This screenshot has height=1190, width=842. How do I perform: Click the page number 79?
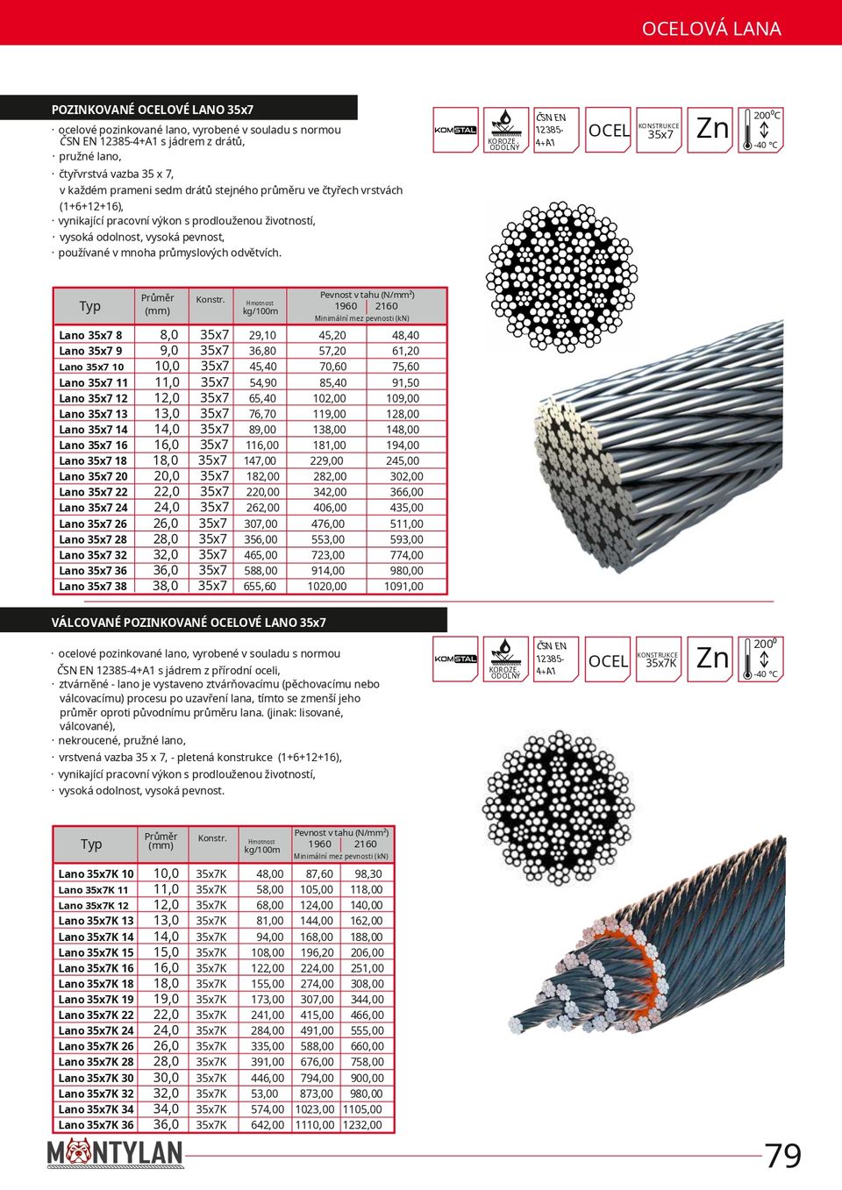click(782, 1156)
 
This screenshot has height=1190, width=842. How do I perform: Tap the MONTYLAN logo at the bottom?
click(115, 1153)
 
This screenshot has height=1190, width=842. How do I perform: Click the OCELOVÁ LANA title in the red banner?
click(710, 29)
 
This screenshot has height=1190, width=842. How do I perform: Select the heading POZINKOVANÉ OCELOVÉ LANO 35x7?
click(153, 110)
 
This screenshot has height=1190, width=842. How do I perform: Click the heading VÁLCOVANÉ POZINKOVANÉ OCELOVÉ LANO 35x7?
click(189, 623)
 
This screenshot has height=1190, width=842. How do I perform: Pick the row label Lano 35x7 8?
click(90, 335)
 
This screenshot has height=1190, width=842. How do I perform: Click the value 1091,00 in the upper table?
click(403, 587)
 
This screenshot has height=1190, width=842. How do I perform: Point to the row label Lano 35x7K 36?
click(96, 1125)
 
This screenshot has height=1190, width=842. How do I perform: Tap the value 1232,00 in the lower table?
click(362, 1125)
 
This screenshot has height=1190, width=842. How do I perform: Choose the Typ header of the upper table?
click(90, 306)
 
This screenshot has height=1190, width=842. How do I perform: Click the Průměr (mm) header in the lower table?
click(161, 841)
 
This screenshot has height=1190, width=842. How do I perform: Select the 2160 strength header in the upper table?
click(386, 306)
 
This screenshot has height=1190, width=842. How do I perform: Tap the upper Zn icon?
click(711, 130)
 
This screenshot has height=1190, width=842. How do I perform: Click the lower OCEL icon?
click(608, 660)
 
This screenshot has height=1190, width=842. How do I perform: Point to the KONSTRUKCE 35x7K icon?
click(659, 660)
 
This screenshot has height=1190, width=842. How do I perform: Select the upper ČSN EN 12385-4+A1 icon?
click(555, 130)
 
